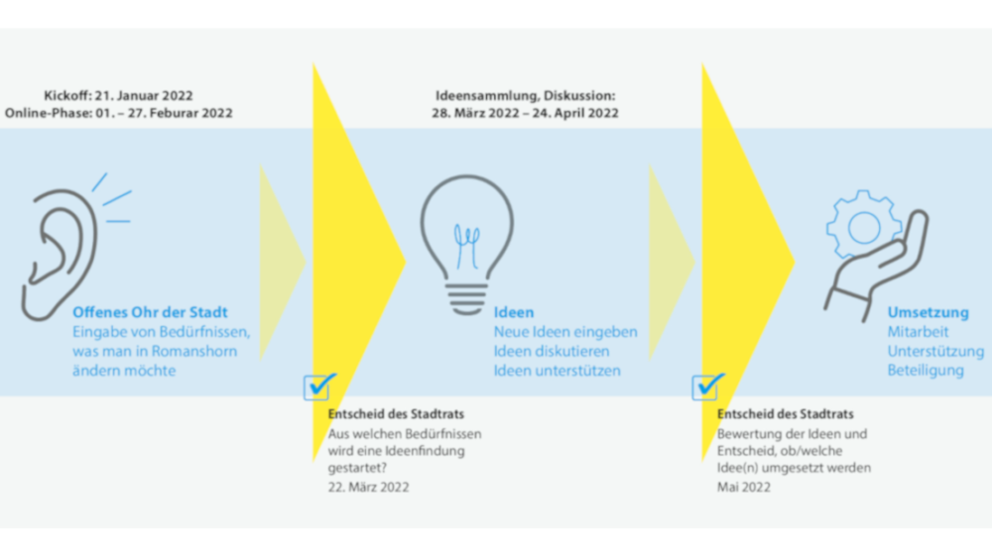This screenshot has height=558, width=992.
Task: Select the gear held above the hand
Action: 863,225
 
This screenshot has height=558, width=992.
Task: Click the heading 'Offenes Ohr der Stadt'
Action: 150,312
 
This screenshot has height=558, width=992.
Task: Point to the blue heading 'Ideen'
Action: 514,312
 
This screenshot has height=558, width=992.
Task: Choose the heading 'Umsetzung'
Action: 929,312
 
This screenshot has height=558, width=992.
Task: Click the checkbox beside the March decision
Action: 316,388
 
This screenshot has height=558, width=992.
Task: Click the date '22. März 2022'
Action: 368,488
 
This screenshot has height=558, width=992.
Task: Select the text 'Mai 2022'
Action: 743,488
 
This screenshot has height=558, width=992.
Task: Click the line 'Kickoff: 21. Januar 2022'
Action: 118,95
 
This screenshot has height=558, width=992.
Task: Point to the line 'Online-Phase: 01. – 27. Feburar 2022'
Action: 118,113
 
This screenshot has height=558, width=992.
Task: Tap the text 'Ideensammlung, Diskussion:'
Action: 525,95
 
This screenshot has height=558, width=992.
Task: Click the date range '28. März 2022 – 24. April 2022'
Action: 525,113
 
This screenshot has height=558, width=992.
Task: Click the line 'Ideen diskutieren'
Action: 552,352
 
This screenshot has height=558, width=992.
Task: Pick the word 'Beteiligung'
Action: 926,371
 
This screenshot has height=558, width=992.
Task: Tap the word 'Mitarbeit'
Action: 918,332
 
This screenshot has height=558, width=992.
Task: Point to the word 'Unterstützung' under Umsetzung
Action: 935,352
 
